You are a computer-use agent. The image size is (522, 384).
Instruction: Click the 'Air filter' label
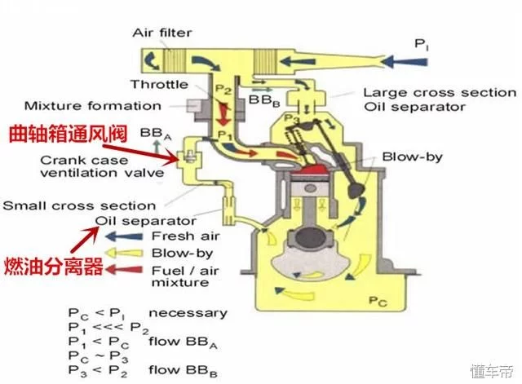[163, 33]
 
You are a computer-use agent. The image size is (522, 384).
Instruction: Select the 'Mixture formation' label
[92, 106]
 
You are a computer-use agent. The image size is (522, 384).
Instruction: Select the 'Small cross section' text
[78, 205]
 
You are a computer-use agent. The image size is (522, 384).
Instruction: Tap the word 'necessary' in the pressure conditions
[189, 312]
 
